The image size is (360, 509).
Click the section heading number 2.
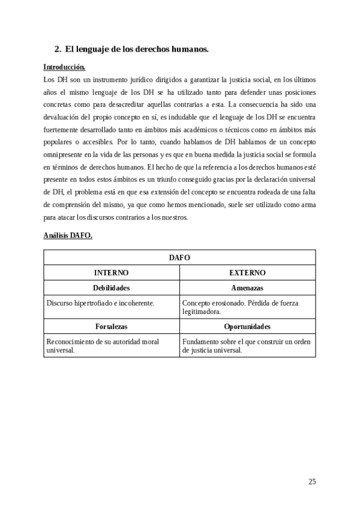click(57, 49)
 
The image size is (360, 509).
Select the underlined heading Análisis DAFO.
click(68, 235)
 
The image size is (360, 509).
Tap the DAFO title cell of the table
click(179, 257)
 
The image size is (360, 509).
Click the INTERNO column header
click(112, 273)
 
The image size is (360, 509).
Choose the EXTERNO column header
click(247, 273)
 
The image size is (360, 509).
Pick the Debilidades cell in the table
click(112, 288)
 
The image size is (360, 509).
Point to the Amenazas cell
click(247, 288)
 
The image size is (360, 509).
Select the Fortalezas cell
click(112, 327)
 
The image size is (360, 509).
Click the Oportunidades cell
click(247, 327)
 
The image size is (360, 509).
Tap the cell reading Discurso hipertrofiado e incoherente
click(101, 304)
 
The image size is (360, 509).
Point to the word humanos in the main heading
click(187, 49)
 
